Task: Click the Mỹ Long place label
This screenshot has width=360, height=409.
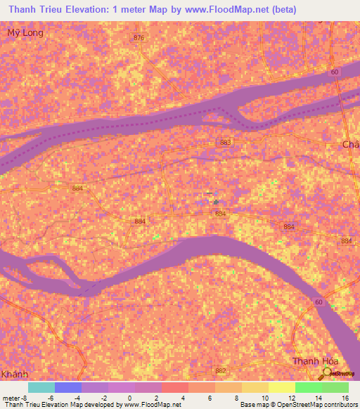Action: point(25,33)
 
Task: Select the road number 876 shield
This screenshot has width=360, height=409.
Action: point(139,38)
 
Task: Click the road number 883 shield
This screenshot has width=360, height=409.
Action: point(225,143)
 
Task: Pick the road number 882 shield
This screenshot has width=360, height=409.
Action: point(221,370)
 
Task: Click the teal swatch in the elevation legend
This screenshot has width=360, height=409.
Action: point(41,387)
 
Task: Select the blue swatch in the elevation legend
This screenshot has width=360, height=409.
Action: point(68,387)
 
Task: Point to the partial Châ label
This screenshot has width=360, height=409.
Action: point(350,144)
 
